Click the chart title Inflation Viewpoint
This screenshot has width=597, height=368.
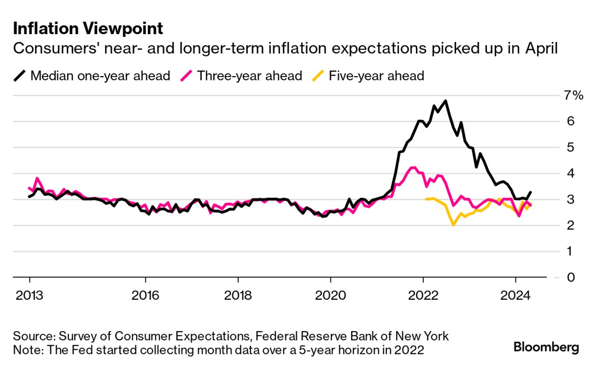click(x=88, y=29)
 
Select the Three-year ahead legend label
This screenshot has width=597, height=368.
click(x=249, y=76)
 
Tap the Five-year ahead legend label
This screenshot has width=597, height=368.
click(x=376, y=76)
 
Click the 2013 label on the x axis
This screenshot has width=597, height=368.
click(x=29, y=295)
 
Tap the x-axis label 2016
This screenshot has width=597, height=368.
click(x=146, y=295)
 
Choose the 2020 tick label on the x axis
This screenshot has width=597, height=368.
click(x=330, y=295)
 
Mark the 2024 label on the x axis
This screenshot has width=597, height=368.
click(x=515, y=295)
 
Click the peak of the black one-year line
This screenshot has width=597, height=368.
click(x=446, y=101)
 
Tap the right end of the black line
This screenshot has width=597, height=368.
click(x=530, y=192)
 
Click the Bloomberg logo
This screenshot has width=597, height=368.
click(x=546, y=347)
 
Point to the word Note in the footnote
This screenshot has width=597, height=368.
click(x=26, y=349)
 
